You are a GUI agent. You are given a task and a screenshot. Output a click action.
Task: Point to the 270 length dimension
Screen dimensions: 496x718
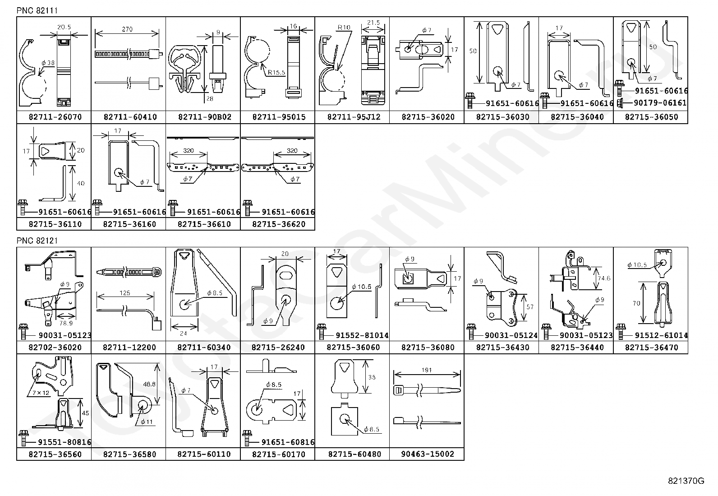(127, 29)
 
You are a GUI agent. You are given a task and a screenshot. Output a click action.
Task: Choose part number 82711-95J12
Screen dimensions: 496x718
(352, 117)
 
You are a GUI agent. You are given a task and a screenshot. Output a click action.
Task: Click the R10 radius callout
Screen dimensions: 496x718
(344, 27)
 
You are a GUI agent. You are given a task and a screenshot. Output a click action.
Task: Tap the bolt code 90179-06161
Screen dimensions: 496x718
(660, 103)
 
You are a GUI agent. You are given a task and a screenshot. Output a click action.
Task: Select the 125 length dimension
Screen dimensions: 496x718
(125, 293)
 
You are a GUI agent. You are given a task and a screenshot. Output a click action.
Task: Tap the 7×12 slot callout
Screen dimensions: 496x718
(40, 393)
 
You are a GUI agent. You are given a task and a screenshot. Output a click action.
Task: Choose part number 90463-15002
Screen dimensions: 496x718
(427, 454)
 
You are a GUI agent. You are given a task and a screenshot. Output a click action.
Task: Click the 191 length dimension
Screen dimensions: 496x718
(427, 370)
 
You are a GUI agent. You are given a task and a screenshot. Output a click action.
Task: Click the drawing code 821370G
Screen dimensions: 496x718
(686, 481)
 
